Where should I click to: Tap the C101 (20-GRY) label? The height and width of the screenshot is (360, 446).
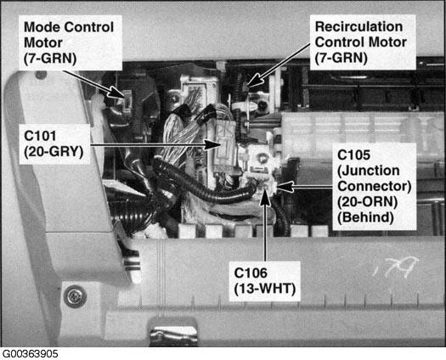[x=54, y=143]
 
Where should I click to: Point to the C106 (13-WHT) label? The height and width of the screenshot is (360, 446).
[x=265, y=281]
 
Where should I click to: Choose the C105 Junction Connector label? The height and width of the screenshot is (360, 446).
[x=375, y=186]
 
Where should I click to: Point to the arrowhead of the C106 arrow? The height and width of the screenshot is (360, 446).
[x=265, y=195]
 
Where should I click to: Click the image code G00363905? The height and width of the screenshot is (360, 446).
[x=30, y=354]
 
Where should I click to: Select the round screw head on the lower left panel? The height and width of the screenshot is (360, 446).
[x=75, y=296]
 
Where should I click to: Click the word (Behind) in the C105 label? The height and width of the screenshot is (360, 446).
[x=365, y=217]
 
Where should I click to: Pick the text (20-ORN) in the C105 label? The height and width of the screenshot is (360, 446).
[x=367, y=202]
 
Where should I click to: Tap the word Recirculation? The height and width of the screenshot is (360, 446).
[x=358, y=26]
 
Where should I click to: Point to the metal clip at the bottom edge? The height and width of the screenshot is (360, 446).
[x=173, y=333]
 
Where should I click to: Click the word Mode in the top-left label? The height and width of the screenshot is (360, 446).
[x=42, y=27]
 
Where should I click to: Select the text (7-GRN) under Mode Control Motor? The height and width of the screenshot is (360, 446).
[x=50, y=59]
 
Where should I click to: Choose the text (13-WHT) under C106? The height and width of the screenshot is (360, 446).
[x=265, y=289]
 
